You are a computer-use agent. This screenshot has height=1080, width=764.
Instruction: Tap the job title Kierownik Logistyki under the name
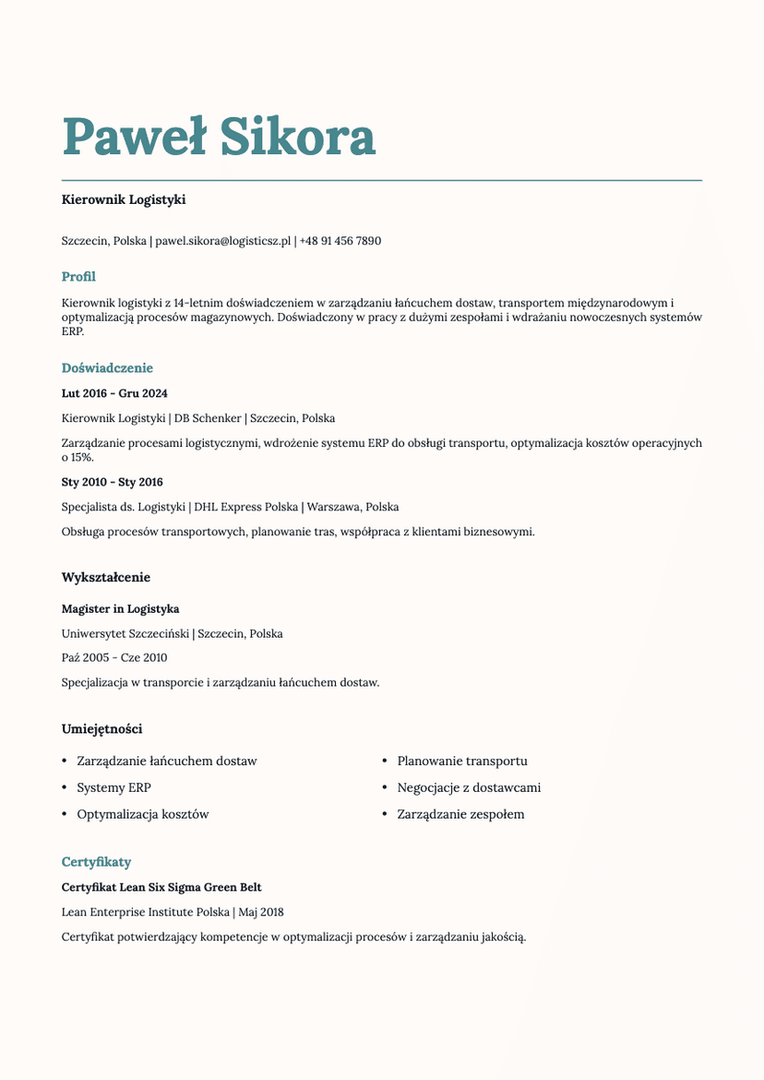pyautogui.click(x=124, y=199)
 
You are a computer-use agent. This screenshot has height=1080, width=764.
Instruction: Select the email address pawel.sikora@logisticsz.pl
pyautogui.click(x=222, y=241)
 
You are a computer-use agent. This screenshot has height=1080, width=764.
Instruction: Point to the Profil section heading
pyautogui.click(x=78, y=277)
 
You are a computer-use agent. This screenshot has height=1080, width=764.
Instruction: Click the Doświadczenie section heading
pyautogui.click(x=107, y=368)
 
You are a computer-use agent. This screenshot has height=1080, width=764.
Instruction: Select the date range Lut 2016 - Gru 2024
pyautogui.click(x=114, y=393)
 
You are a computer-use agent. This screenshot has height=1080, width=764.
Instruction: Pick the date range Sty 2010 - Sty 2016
pyautogui.click(x=112, y=482)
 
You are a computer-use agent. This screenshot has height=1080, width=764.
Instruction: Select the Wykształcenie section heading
pyautogui.click(x=105, y=578)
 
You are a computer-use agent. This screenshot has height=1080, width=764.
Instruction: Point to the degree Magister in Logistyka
pyautogui.click(x=120, y=609)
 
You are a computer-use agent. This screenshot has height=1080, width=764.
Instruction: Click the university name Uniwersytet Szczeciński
pyautogui.click(x=125, y=634)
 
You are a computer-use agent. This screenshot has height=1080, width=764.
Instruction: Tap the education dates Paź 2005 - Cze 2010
pyautogui.click(x=114, y=658)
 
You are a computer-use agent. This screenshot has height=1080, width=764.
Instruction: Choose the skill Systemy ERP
pyautogui.click(x=113, y=787)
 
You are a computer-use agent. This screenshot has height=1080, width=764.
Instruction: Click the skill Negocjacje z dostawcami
pyautogui.click(x=469, y=787)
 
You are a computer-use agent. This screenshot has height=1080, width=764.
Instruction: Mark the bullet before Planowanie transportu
pyautogui.click(x=385, y=762)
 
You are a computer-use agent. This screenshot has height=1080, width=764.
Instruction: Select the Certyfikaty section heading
pyautogui.click(x=96, y=862)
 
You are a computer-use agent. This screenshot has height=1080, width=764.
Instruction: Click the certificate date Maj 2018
pyautogui.click(x=261, y=912)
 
